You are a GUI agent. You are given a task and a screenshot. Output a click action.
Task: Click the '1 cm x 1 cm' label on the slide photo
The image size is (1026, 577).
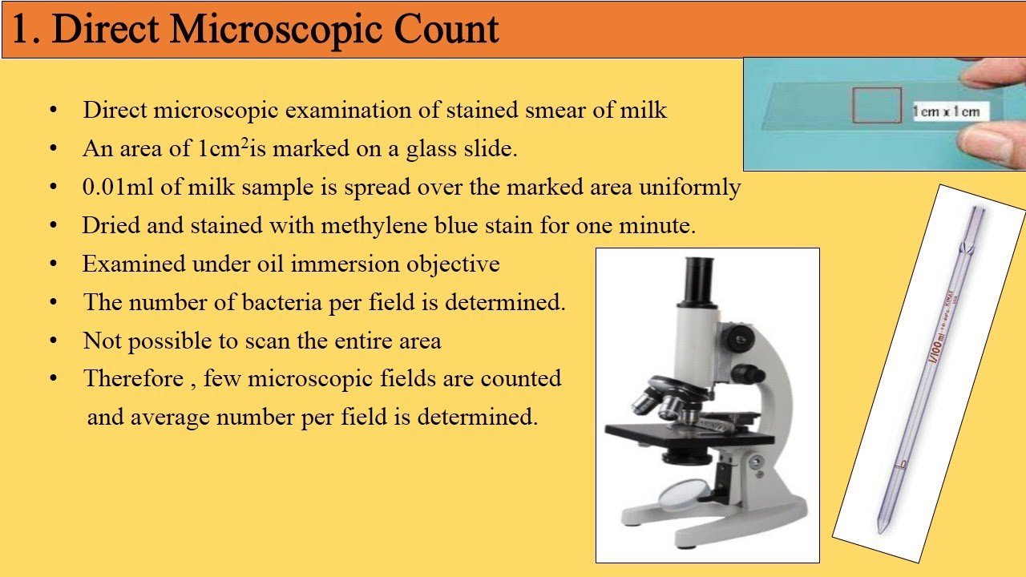(x=946, y=111)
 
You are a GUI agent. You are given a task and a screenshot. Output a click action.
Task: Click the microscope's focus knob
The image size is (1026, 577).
(x=749, y=373)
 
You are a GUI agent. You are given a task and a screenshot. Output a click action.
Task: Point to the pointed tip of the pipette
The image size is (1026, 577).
(x=880, y=529)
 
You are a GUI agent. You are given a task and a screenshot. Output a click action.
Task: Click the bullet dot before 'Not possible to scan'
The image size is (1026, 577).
(x=53, y=341)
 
